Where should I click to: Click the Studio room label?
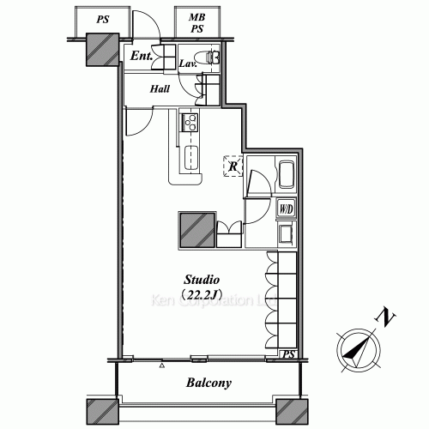204,281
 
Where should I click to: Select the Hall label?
160,88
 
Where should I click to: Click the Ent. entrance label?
142,57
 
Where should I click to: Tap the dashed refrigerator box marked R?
232,166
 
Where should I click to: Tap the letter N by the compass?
388,319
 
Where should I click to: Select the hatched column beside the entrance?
100,49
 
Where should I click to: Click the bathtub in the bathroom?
287,178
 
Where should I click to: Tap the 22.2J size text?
204,296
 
